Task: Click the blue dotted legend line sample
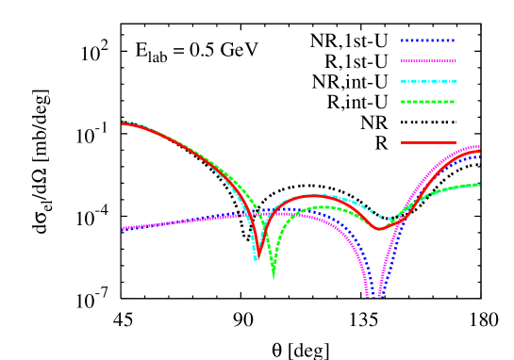pyautogui.click(x=428, y=41)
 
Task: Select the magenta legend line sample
pyautogui.click(x=428, y=61)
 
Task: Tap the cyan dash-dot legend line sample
pyautogui.click(x=428, y=81)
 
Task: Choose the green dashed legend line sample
pyautogui.click(x=428, y=102)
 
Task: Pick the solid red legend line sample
pyautogui.click(x=428, y=143)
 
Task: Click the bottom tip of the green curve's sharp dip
pyautogui.click(x=274, y=278)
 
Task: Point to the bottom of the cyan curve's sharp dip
pyautogui.click(x=256, y=259)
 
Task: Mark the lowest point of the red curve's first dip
pyautogui.click(x=259, y=252)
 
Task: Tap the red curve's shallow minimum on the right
pyautogui.click(x=379, y=229)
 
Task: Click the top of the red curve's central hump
pyautogui.click(x=314, y=195)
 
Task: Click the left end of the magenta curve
pyautogui.click(x=123, y=228)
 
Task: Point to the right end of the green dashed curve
pyautogui.click(x=480, y=185)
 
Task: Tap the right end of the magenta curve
pyautogui.click(x=480, y=146)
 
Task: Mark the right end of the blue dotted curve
pyautogui.click(x=480, y=156)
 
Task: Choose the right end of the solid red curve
pyautogui.click(x=480, y=151)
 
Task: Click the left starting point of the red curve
pyautogui.click(x=123, y=123)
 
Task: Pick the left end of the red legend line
pyautogui.click(x=402, y=143)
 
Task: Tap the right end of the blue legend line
pyautogui.click(x=456, y=41)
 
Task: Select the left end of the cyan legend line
pyautogui.click(x=402, y=81)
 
